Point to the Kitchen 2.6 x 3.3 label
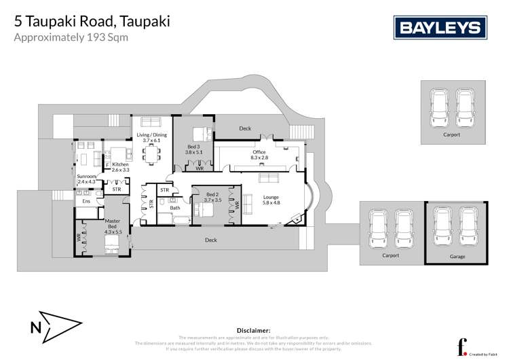(x=120, y=167)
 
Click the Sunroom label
(x=88, y=179)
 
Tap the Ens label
(x=86, y=202)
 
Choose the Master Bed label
(x=113, y=226)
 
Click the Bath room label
(x=175, y=208)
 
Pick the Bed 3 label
(x=193, y=149)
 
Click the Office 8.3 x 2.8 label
(x=259, y=155)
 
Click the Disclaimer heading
(x=254, y=330)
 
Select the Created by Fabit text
(x=483, y=353)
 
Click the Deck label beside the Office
(x=245, y=128)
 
